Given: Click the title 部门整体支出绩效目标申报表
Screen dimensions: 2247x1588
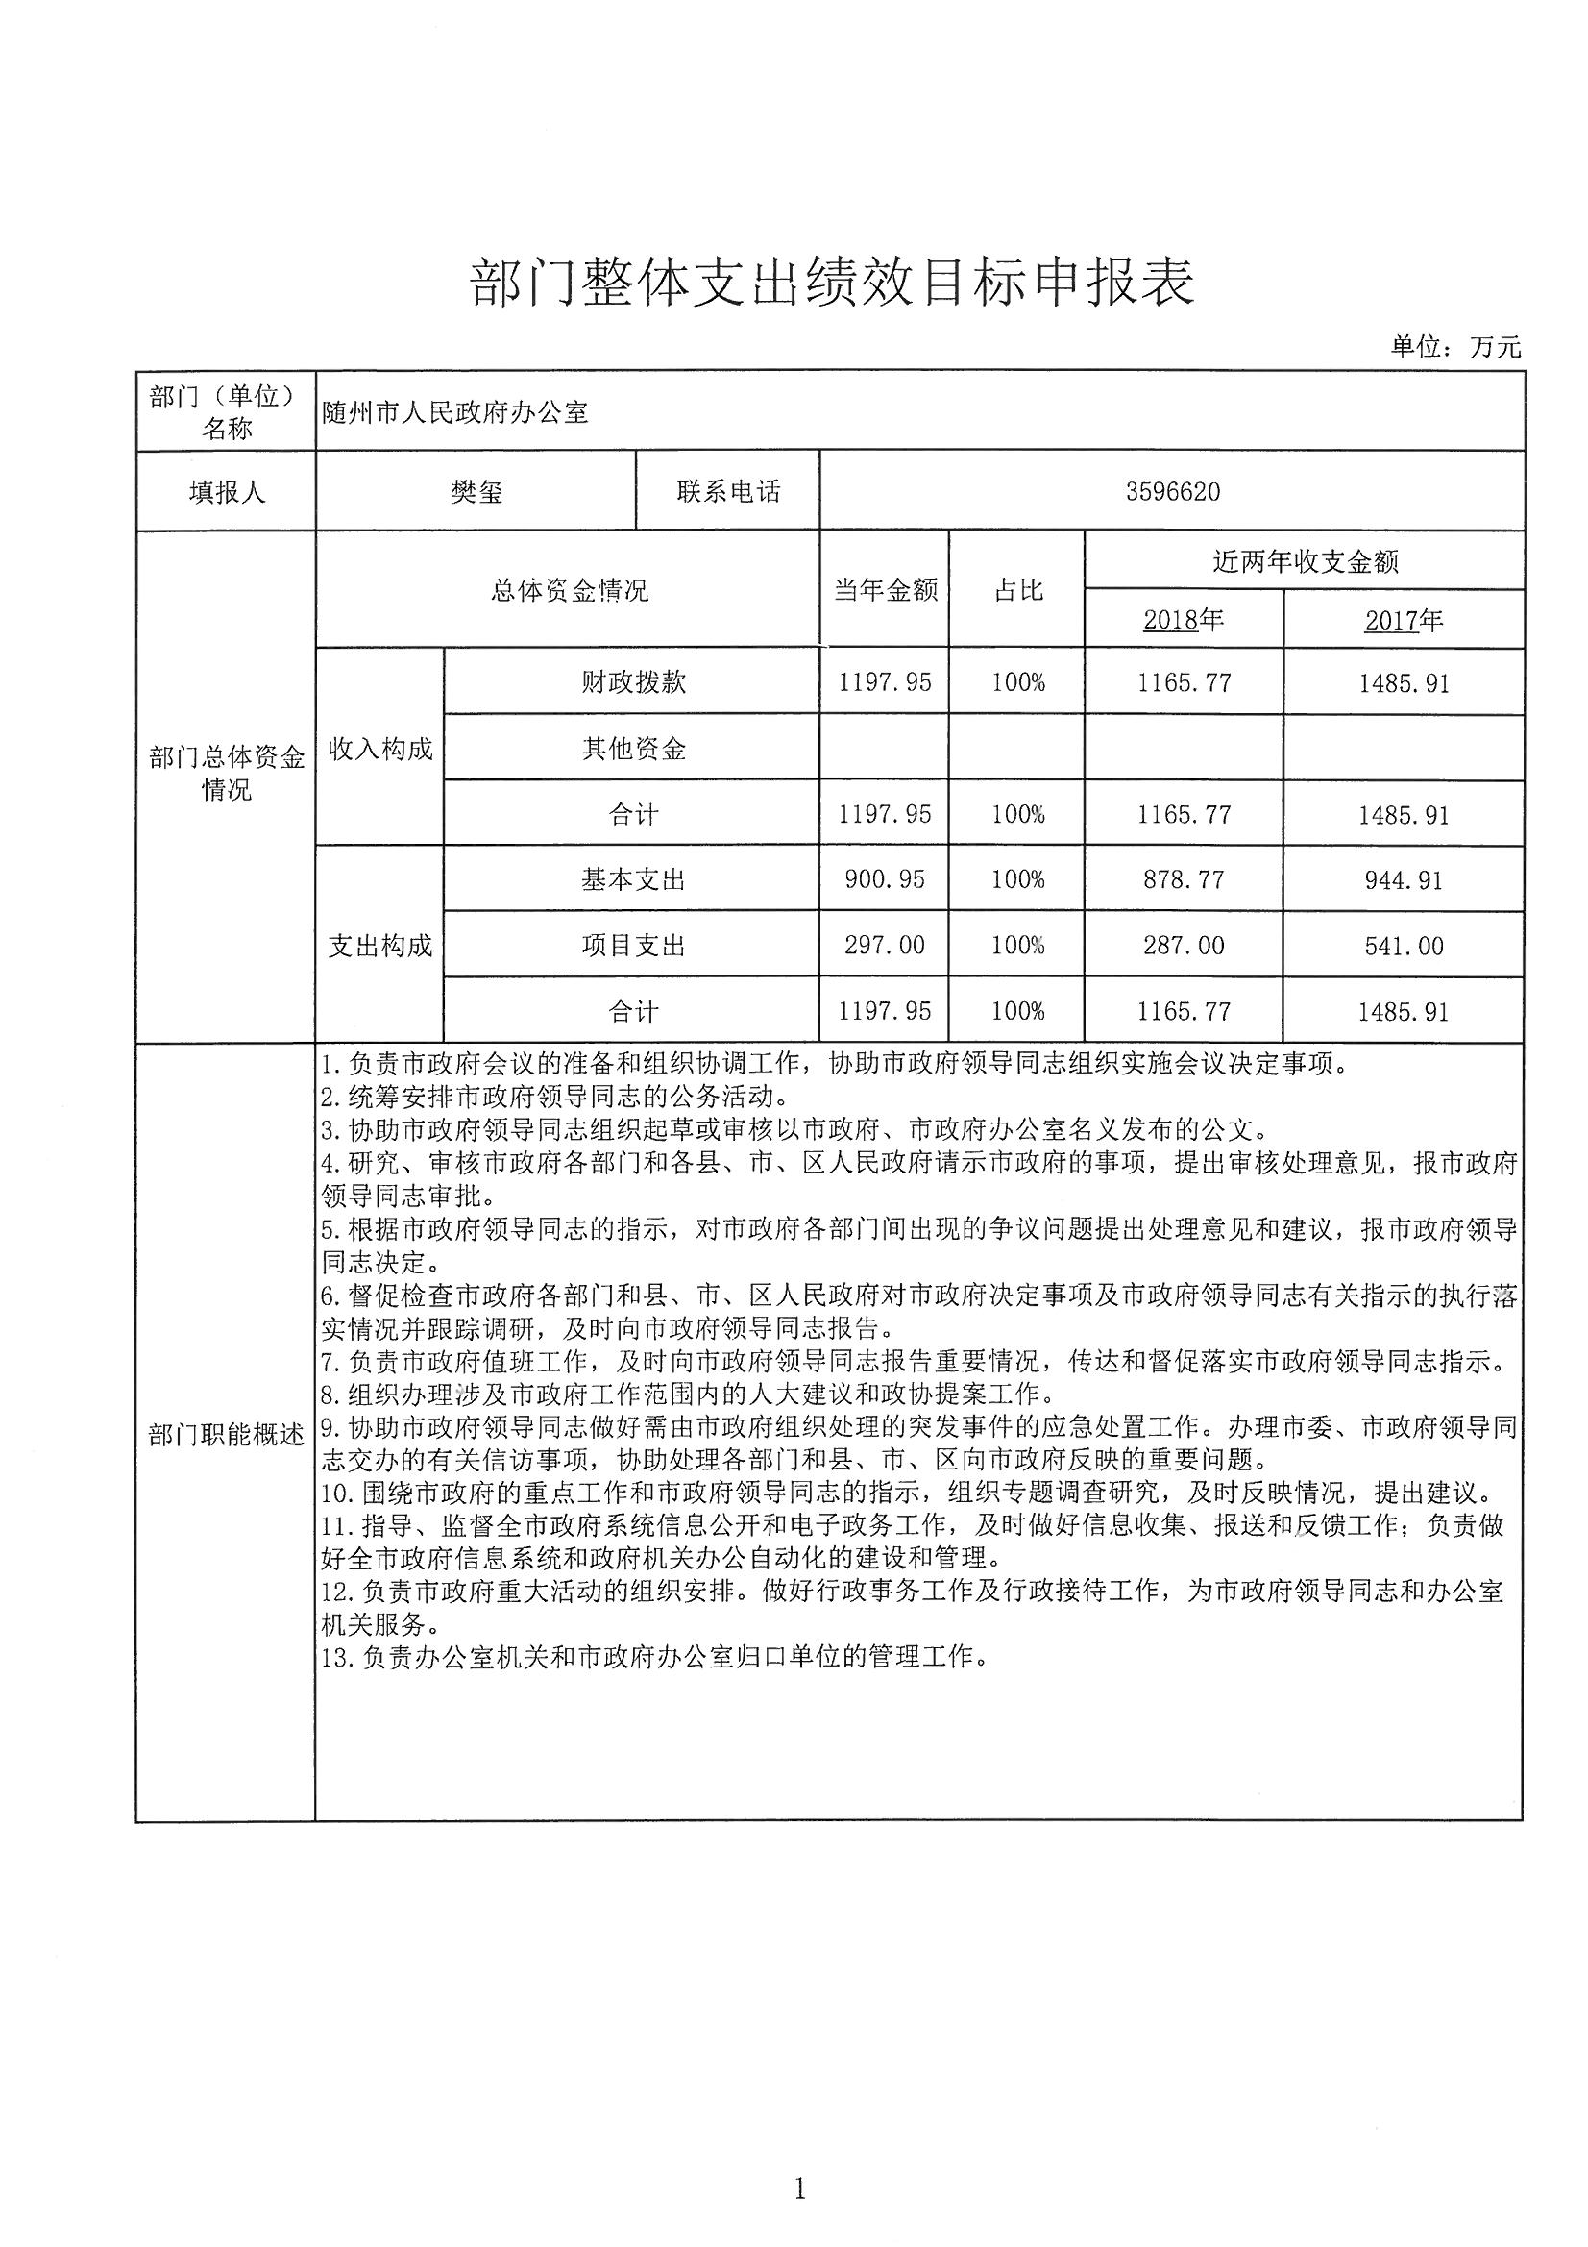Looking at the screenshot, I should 832,284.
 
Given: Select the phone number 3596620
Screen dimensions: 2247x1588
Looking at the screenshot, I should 1172,491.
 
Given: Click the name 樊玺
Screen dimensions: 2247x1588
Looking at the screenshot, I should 476,491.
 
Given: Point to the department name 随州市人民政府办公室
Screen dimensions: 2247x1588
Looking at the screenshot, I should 455,412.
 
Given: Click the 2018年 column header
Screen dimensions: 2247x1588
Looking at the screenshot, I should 1183,620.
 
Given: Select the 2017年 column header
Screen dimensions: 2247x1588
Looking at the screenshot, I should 1404,620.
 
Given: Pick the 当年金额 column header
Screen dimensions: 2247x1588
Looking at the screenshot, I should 885,589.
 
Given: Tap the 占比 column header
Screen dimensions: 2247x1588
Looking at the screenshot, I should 1017,589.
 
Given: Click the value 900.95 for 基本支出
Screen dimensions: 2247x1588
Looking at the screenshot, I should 885,879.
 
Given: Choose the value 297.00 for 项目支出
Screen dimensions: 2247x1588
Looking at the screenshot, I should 885,946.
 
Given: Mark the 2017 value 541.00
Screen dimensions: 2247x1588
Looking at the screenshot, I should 1404,946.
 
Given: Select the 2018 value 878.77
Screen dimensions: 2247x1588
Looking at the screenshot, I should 1183,879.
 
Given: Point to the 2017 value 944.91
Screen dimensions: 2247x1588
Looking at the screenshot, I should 1404,879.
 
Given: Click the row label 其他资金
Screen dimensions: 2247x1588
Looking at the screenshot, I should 633,749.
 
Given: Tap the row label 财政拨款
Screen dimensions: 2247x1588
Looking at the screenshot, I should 633,682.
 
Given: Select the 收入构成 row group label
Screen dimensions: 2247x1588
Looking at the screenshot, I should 379,750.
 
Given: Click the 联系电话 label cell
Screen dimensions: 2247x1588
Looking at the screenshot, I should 728,491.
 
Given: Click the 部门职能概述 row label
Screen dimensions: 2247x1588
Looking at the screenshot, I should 226,1436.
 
